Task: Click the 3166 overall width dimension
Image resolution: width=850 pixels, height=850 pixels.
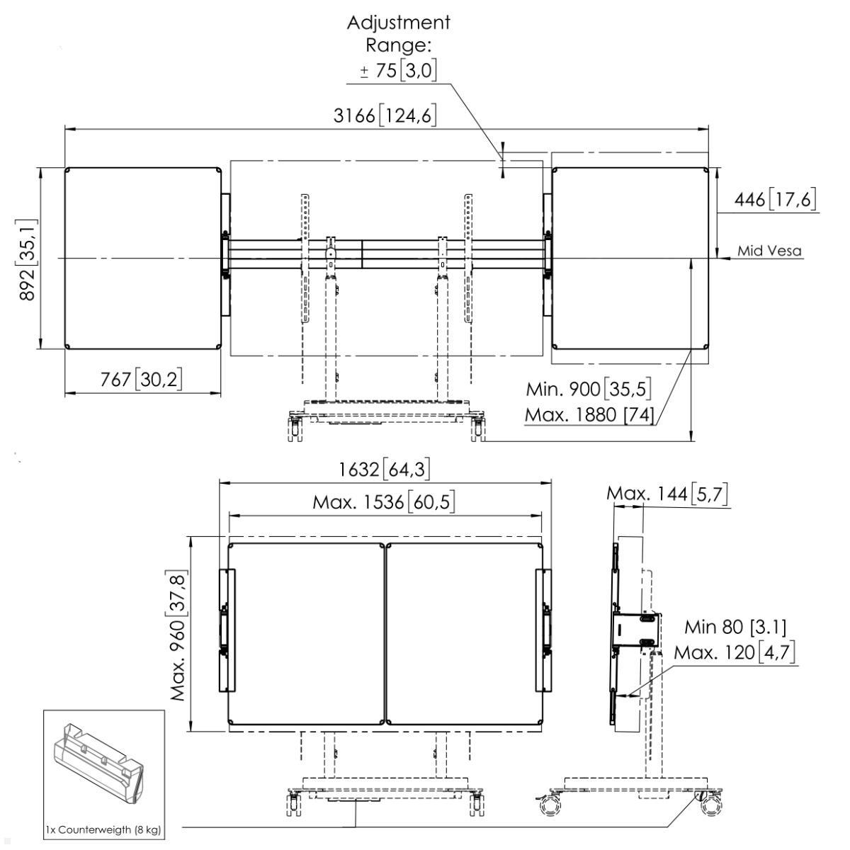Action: (x=385, y=115)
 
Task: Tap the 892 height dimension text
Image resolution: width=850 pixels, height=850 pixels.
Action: (x=29, y=259)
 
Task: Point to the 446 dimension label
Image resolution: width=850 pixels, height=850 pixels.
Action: (x=774, y=200)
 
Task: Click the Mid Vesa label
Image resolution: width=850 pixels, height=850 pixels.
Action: (x=769, y=251)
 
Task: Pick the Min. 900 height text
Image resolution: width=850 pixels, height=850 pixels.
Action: (x=588, y=389)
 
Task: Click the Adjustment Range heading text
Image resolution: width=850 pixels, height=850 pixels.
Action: (x=398, y=33)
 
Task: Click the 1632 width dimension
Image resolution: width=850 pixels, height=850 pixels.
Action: (x=384, y=469)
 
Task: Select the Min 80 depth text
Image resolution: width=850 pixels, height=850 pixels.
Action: (x=735, y=627)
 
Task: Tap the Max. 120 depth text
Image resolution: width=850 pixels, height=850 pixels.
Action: (x=735, y=652)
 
